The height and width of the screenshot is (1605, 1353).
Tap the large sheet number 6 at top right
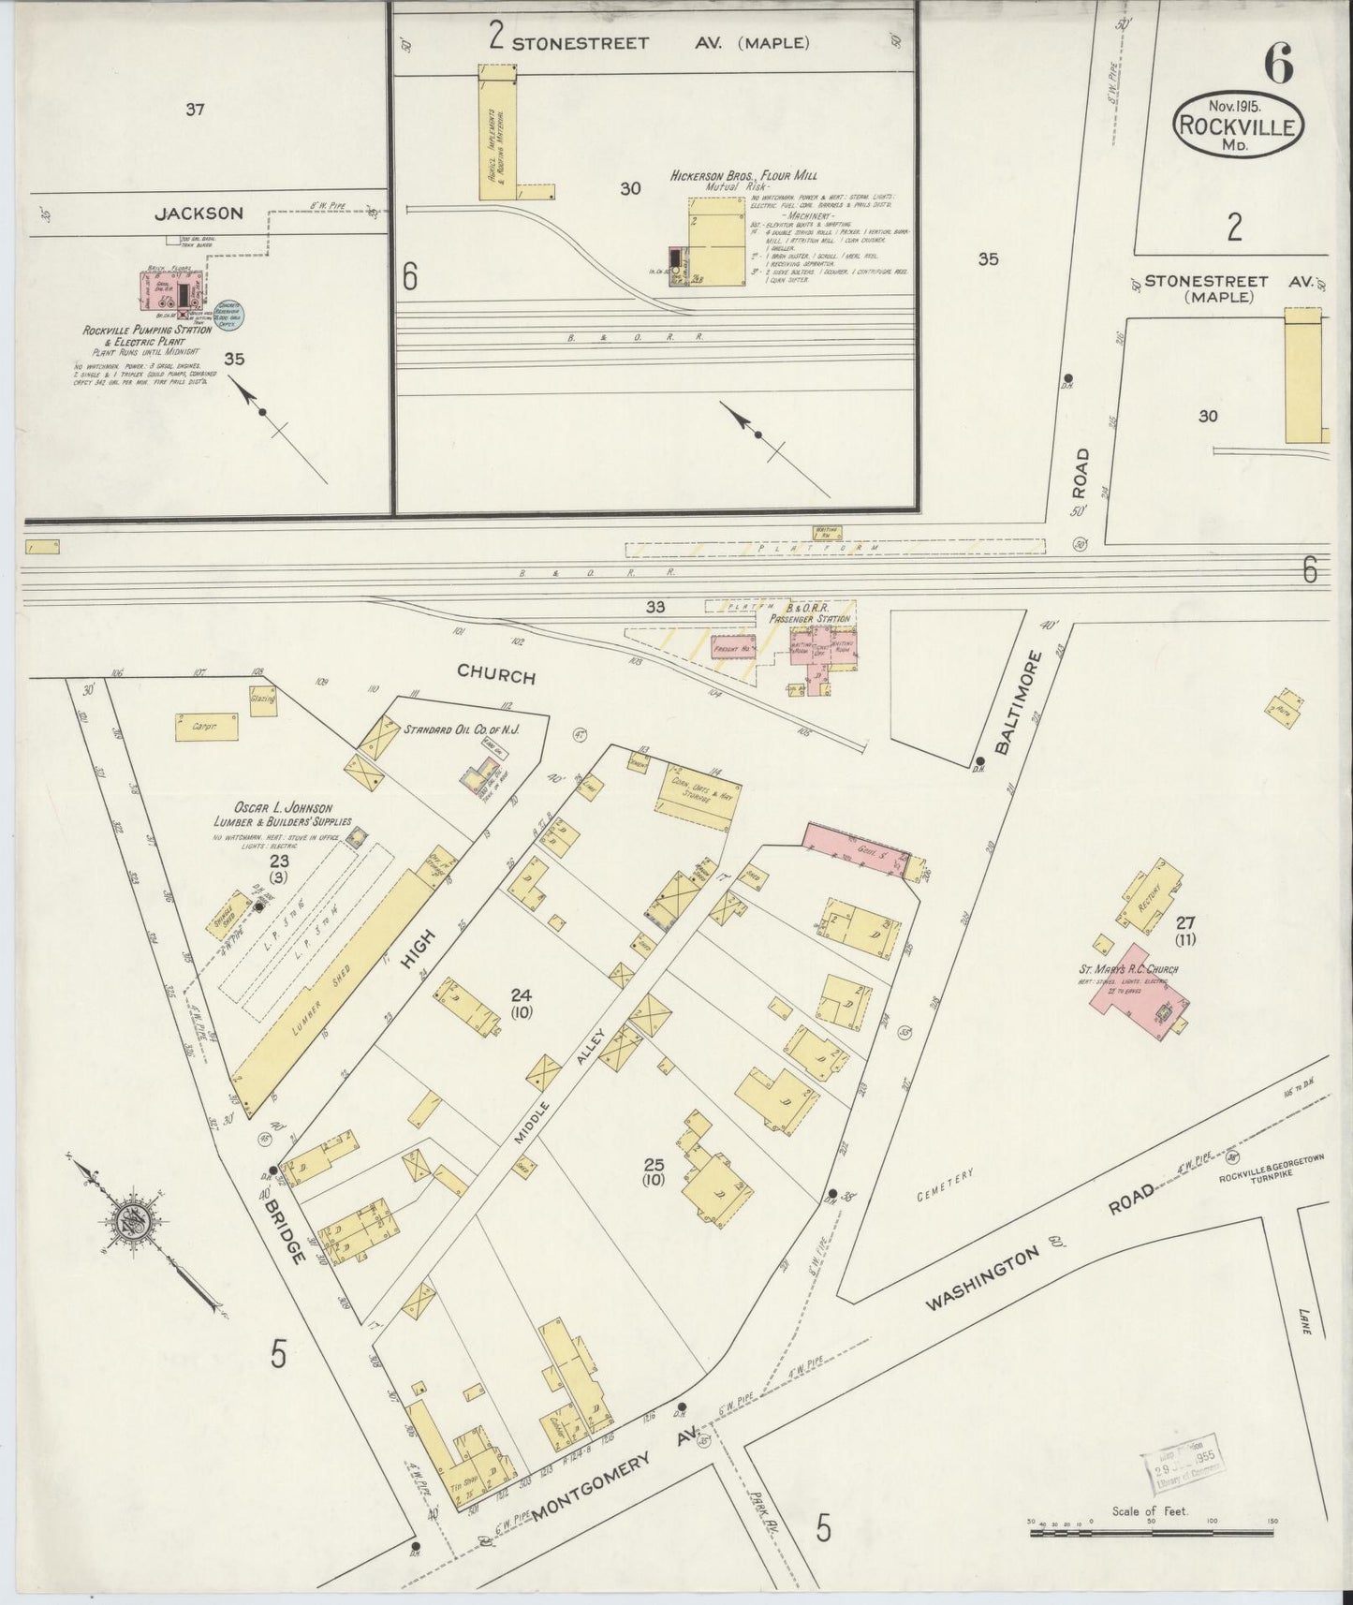(x=1278, y=64)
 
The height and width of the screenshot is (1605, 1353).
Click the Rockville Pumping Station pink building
(x=174, y=291)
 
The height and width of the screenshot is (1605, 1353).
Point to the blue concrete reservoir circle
(x=228, y=314)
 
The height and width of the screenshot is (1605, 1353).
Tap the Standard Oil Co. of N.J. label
(x=461, y=729)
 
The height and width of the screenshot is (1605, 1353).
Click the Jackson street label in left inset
(x=199, y=213)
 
